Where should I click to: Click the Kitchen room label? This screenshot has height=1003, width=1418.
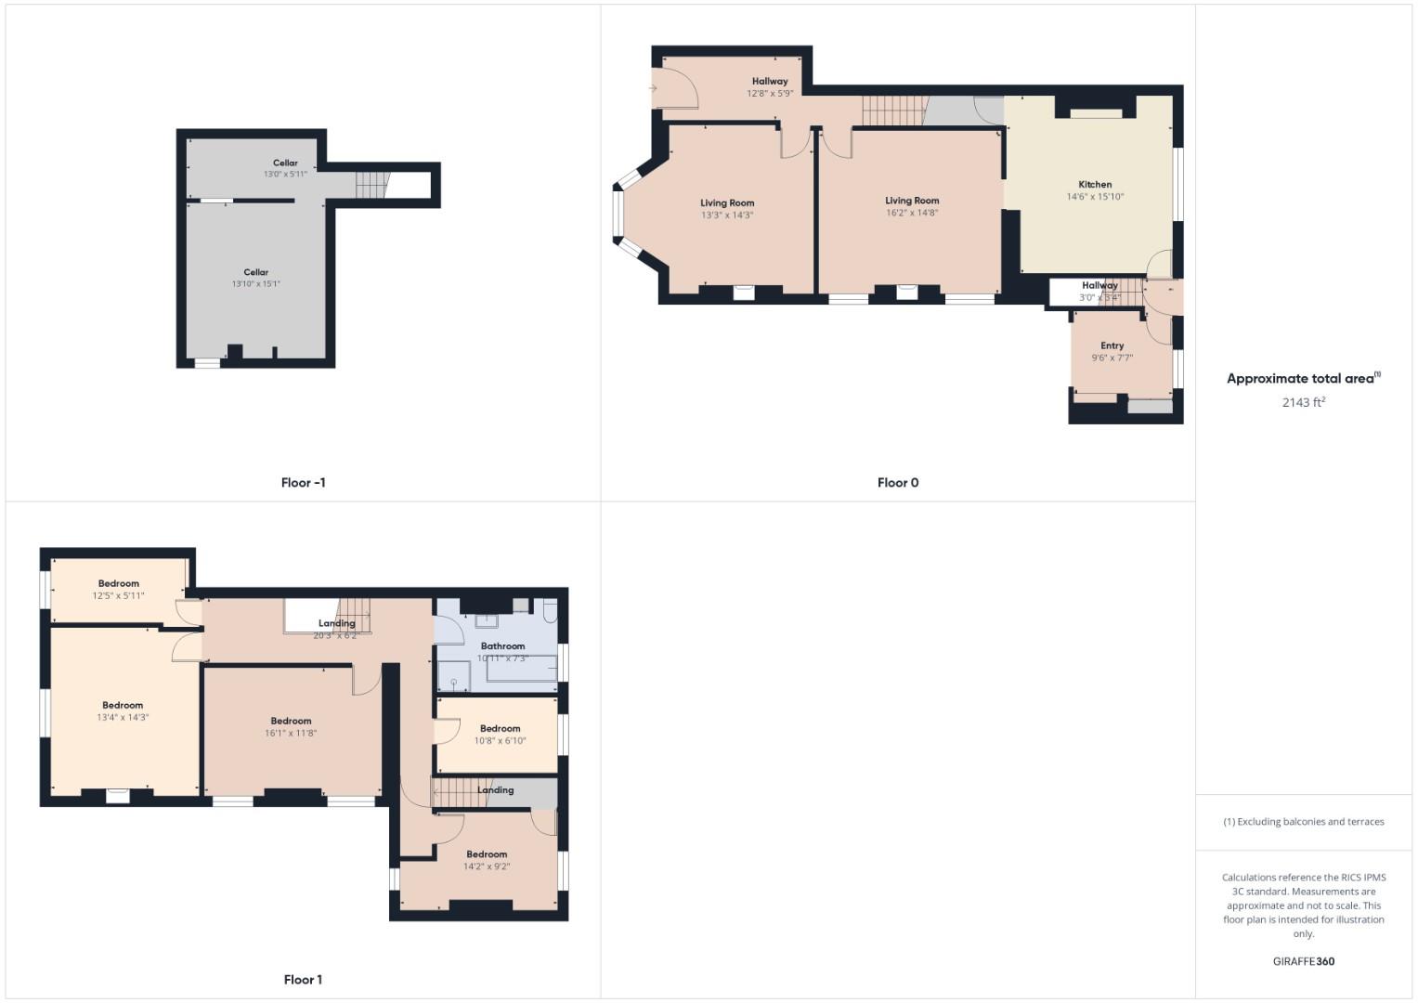(x=1095, y=184)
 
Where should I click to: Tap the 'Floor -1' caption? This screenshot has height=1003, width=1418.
(x=303, y=483)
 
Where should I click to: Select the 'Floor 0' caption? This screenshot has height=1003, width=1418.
(x=898, y=483)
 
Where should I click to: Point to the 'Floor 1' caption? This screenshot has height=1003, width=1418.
(x=303, y=980)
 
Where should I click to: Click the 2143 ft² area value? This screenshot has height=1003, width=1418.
(x=1303, y=402)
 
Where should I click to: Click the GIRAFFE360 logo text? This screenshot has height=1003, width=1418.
(x=1303, y=961)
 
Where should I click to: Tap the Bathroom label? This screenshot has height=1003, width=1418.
(x=502, y=646)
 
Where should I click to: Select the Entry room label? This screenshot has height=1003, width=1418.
(x=1112, y=345)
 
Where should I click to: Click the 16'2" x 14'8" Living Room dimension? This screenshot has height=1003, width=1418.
(x=912, y=213)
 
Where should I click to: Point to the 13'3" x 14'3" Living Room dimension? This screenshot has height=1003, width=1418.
(x=727, y=215)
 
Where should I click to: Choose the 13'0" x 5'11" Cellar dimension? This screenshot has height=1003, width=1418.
(x=285, y=175)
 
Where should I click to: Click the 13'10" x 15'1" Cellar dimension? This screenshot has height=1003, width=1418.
(x=256, y=284)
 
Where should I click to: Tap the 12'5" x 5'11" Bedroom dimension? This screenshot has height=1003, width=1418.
(x=119, y=596)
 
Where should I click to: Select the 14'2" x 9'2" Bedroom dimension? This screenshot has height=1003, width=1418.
(x=487, y=866)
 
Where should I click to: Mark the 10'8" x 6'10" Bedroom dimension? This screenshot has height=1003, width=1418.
(x=500, y=741)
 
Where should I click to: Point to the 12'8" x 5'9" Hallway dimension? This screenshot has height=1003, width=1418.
(x=770, y=94)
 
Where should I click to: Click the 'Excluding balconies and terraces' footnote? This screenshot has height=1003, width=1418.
(x=1303, y=822)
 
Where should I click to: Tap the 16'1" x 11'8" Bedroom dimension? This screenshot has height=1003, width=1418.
(x=291, y=734)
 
